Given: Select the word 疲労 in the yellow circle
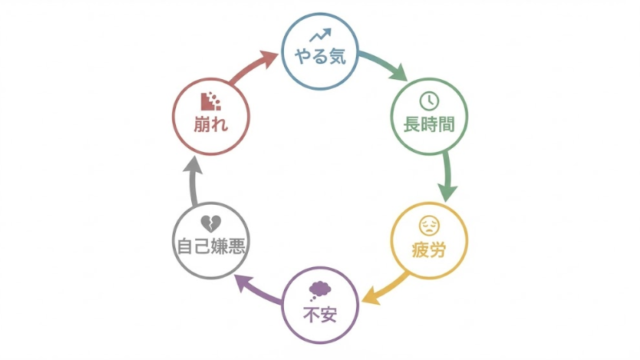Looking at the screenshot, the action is tap(428, 246).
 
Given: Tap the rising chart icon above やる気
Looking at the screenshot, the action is tap(320, 37).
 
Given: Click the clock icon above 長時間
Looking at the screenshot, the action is tap(427, 102).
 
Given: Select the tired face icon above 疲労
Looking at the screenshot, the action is tap(428, 223).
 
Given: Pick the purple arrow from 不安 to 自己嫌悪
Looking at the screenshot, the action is tap(254, 294).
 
